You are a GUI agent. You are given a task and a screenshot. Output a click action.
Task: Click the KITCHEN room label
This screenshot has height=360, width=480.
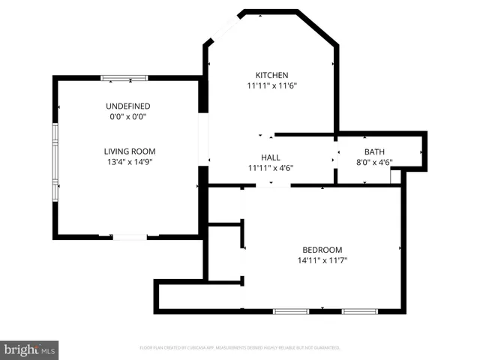(271, 75)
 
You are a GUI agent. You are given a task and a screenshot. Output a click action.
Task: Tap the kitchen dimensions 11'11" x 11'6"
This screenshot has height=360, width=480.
(271, 86)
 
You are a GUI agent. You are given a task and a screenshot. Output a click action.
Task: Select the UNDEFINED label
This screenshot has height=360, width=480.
(127, 106)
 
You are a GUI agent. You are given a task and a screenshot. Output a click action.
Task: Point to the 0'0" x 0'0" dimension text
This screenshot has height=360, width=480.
(127, 117)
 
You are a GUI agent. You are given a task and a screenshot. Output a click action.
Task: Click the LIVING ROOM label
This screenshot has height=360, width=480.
(129, 151)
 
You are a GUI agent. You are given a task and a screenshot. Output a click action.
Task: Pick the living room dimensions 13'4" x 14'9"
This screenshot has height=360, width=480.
(129, 162)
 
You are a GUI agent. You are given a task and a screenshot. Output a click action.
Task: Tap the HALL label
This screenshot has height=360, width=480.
(270, 157)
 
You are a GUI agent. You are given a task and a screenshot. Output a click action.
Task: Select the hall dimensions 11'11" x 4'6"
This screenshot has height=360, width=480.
(270, 169)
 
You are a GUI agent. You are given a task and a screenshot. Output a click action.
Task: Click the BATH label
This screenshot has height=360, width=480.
(374, 151)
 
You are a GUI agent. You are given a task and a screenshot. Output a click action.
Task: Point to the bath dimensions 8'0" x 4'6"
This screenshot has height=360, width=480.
(374, 162)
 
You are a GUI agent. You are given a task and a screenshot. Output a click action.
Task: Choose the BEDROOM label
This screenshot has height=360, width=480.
(322, 250)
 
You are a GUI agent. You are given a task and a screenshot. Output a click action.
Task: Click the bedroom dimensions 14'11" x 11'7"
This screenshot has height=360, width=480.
(322, 261)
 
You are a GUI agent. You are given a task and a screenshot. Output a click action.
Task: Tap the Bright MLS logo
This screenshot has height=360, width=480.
(29, 350)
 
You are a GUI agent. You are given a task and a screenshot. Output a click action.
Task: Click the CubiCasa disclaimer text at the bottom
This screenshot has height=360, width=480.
(240, 347)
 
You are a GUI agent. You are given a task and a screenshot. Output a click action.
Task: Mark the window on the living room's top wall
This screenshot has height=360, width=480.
(124, 77)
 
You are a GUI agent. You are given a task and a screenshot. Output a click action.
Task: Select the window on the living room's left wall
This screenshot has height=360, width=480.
(55, 160)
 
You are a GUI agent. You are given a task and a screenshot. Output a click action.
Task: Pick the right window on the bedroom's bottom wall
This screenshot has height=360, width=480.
(360, 311)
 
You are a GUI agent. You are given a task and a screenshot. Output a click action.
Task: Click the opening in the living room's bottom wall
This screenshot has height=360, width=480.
(129, 238)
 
